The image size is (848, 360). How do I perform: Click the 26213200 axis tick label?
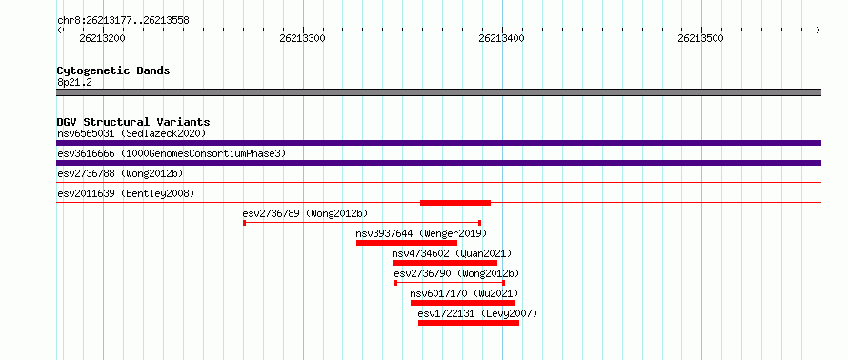[102, 38]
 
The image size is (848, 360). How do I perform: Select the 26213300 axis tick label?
[302, 38]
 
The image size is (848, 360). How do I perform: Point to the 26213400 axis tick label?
[501, 38]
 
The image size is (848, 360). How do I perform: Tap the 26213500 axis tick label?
[700, 38]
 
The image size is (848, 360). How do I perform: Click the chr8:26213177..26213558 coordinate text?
[123, 21]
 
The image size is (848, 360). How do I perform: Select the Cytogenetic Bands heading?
[113, 70]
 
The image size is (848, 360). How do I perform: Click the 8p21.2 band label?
[74, 83]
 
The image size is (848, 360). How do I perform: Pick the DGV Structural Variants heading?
[133, 122]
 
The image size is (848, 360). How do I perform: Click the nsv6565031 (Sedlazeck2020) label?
[131, 133]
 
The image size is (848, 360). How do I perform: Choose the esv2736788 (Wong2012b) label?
[120, 173]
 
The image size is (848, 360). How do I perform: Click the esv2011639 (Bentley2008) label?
[126, 193]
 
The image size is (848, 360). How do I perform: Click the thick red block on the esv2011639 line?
[455, 203]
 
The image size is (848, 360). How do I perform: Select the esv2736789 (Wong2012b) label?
[305, 213]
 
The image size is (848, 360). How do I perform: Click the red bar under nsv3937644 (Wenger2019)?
[407, 243]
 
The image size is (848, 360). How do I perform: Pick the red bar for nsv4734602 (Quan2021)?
[445, 263]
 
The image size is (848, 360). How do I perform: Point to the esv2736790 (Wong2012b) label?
[456, 273]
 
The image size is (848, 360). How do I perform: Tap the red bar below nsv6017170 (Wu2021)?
[463, 303]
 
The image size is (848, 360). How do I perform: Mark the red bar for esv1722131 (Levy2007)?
[469, 323]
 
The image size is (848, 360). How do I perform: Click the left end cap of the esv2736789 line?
[245, 223]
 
